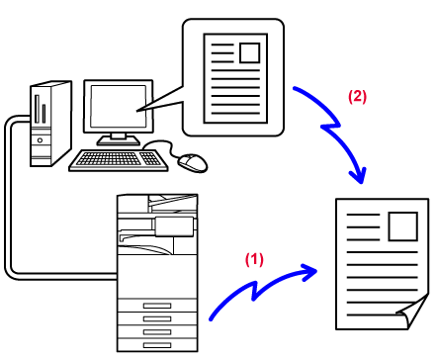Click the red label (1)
coord(254,259)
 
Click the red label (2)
coord(358,97)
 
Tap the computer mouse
coord(193,162)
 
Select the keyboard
coord(119,160)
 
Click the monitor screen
coord(119,106)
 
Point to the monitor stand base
coord(119,141)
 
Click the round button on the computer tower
coord(40,140)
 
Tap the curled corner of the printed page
coord(413,312)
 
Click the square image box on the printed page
coord(403,226)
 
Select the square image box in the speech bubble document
coord(249,52)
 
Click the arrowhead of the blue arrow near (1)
coord(309,272)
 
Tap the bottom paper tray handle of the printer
coord(157,345)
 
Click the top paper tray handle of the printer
coord(157,306)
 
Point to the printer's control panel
coord(174,226)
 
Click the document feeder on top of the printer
coord(173,203)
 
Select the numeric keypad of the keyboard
coord(150,158)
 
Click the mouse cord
coord(162,145)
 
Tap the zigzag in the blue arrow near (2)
coord(330,126)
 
